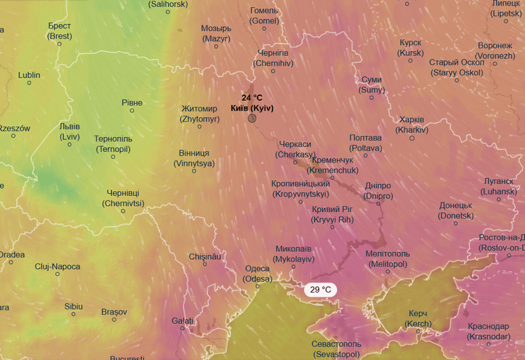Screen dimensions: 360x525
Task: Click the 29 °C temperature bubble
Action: [321, 290]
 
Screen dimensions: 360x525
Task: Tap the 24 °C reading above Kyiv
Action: [252, 98]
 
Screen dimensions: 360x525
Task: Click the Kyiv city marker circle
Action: [252, 117]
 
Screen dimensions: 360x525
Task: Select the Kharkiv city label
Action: [412, 124]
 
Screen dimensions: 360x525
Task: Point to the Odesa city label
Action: [257, 273]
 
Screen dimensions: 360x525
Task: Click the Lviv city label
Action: [70, 131]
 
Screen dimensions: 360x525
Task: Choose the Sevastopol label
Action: [336, 348]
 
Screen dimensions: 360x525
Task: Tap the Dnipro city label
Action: [377, 190]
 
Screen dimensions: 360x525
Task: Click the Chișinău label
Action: [205, 256]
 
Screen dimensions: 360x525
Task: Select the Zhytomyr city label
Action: [199, 114]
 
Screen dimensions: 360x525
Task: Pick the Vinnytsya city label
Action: [194, 158]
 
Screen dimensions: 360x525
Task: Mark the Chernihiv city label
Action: [273, 58]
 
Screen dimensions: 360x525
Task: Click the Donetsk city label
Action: [455, 210]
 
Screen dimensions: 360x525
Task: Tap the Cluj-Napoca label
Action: [57, 267]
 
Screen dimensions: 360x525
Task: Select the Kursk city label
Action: [411, 48]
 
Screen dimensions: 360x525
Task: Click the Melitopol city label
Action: [387, 258]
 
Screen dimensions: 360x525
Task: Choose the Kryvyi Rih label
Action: [332, 214]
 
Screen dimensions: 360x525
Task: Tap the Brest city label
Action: [60, 31]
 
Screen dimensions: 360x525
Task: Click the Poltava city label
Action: [365, 143]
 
